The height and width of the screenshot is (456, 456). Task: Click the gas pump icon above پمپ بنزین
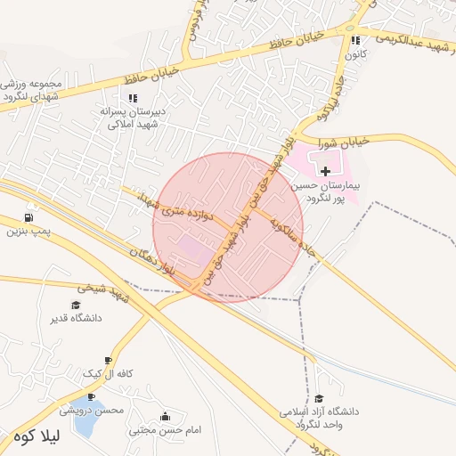(30, 217)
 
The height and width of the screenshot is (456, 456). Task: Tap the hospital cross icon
(325, 169)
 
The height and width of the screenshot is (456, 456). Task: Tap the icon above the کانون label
(356, 40)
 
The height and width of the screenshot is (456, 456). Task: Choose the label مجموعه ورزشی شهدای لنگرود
(31, 88)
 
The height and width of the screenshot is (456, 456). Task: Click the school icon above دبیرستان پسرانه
(134, 98)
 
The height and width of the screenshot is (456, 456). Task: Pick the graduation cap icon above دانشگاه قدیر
(76, 305)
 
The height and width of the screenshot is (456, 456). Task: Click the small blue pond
(85, 427)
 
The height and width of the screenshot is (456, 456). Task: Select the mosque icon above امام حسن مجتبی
(165, 416)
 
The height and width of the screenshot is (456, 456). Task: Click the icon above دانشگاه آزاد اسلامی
(319, 398)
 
